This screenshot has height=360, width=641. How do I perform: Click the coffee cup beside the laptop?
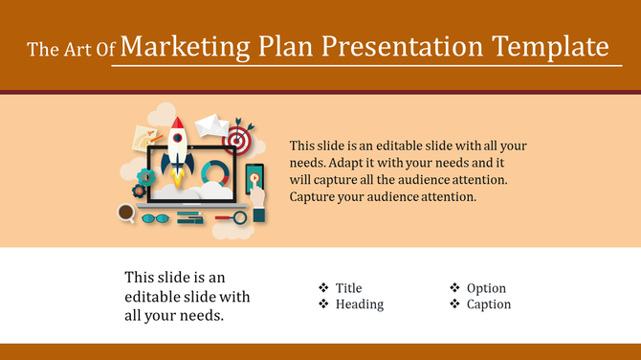tap(126, 213)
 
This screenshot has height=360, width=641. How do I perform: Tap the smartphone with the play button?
tap(254, 179)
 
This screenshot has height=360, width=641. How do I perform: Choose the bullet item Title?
tap(349, 288)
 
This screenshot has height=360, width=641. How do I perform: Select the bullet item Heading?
tap(360, 304)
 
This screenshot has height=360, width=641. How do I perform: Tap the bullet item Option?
tap(486, 288)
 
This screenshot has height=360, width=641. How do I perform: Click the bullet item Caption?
tap(489, 304)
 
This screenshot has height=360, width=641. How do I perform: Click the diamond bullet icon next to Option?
tap(454, 287)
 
